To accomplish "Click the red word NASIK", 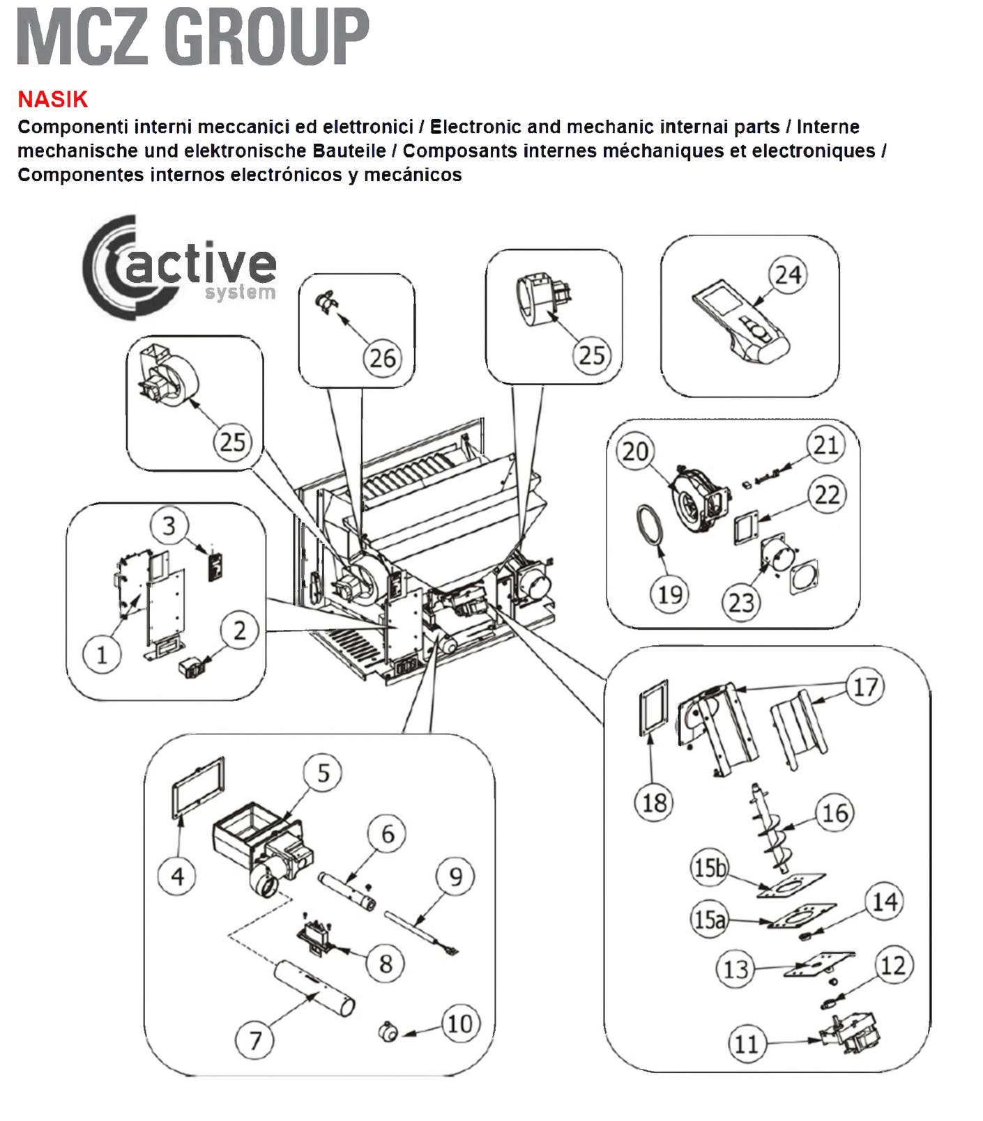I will tap(53, 100).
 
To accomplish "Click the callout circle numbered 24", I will tap(788, 275).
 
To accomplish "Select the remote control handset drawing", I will tap(742, 325).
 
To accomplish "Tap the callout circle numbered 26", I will tap(382, 358).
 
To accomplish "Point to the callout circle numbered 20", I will tap(635, 451).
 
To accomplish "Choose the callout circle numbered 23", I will tap(741, 601).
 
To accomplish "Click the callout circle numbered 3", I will tap(169, 525).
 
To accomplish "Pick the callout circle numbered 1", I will tap(102, 654).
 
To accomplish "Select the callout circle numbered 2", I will tap(239, 631).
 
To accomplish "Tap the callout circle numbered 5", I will tap(323, 773).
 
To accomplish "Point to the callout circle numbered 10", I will tap(460, 1023).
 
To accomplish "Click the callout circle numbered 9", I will tap(455, 876).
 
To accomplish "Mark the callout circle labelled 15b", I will tap(709, 868).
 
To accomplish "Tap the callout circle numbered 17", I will tap(865, 687).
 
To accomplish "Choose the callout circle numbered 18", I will tap(654, 803).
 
